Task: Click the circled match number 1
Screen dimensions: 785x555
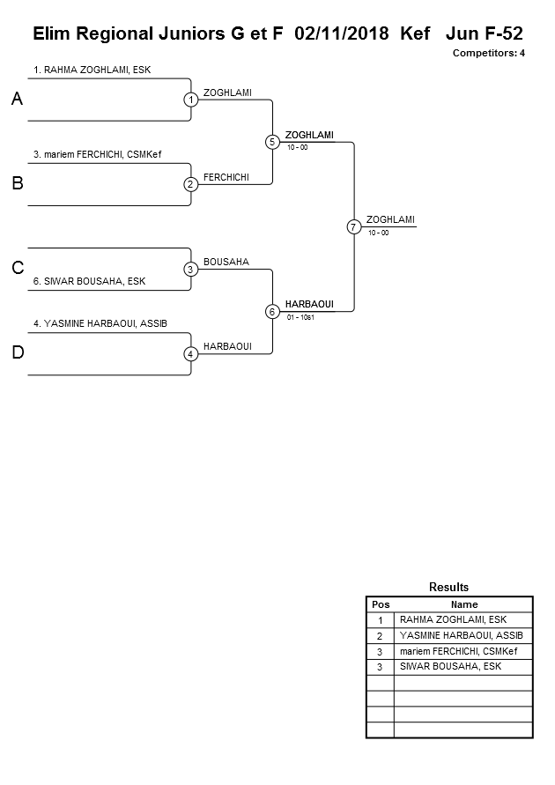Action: point(190,100)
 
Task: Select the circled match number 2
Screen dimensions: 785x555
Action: point(190,184)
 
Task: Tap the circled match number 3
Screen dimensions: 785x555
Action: point(190,269)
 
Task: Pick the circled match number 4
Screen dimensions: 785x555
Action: point(190,354)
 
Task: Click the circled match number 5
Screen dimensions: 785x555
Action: point(272,142)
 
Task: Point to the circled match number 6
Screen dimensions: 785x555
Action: point(272,311)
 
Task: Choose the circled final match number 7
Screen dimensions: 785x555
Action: point(353,226)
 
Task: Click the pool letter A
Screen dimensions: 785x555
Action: point(17,100)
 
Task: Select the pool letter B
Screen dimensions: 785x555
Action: point(17,184)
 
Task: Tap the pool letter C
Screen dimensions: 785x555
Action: point(17,269)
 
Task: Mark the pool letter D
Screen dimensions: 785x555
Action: point(17,353)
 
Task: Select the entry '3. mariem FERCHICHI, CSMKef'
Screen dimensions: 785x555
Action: point(97,155)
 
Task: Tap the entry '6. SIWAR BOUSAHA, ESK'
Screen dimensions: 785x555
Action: point(89,282)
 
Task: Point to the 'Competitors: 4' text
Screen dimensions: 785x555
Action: point(489,53)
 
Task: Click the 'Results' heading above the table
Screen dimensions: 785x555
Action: point(448,587)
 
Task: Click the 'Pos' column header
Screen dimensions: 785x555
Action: point(380,604)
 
